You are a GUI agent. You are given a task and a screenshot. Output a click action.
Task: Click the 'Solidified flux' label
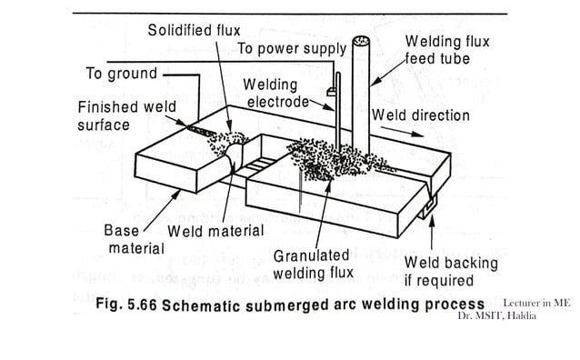195,31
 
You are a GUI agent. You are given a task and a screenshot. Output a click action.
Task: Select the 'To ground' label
121,73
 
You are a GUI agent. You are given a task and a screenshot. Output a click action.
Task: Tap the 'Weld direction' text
421,115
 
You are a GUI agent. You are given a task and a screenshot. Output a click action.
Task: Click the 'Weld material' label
215,231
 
